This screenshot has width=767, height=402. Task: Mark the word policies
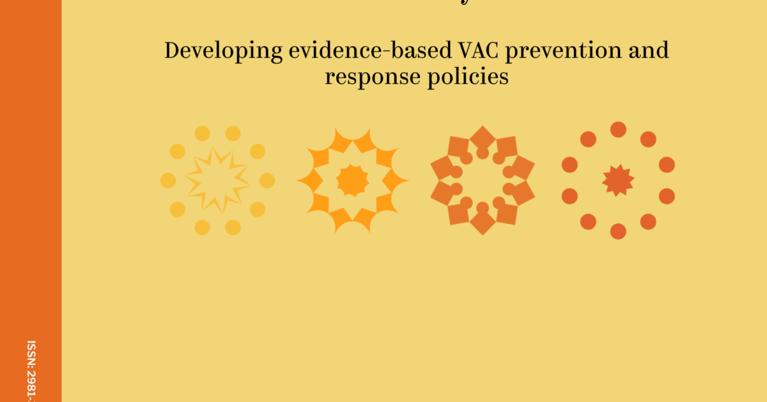tap(469, 77)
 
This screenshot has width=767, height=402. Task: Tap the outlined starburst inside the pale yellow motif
tap(217, 181)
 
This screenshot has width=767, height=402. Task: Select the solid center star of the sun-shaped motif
tap(352, 181)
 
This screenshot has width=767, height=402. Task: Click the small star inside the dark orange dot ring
tap(618, 181)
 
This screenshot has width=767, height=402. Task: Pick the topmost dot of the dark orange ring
tap(618, 130)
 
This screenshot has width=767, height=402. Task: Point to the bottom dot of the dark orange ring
tap(618, 231)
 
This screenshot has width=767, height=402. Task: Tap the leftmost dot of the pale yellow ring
tap(168, 181)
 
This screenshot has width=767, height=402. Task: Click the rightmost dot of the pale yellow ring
tap(267, 181)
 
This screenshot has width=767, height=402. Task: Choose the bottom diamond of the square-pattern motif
tap(483, 223)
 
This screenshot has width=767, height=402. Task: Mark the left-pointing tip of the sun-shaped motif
tap(299, 181)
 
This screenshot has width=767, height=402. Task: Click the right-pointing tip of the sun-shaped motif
tap(405, 181)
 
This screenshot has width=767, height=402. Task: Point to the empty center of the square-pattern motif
tap(483, 181)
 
